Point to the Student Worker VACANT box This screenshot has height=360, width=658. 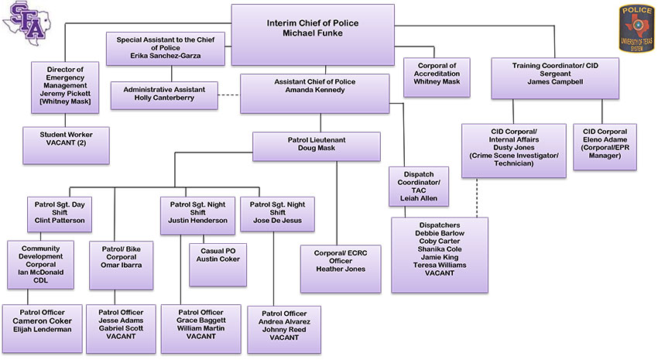pos(66,145)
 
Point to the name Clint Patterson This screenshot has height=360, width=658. pos(60,219)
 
